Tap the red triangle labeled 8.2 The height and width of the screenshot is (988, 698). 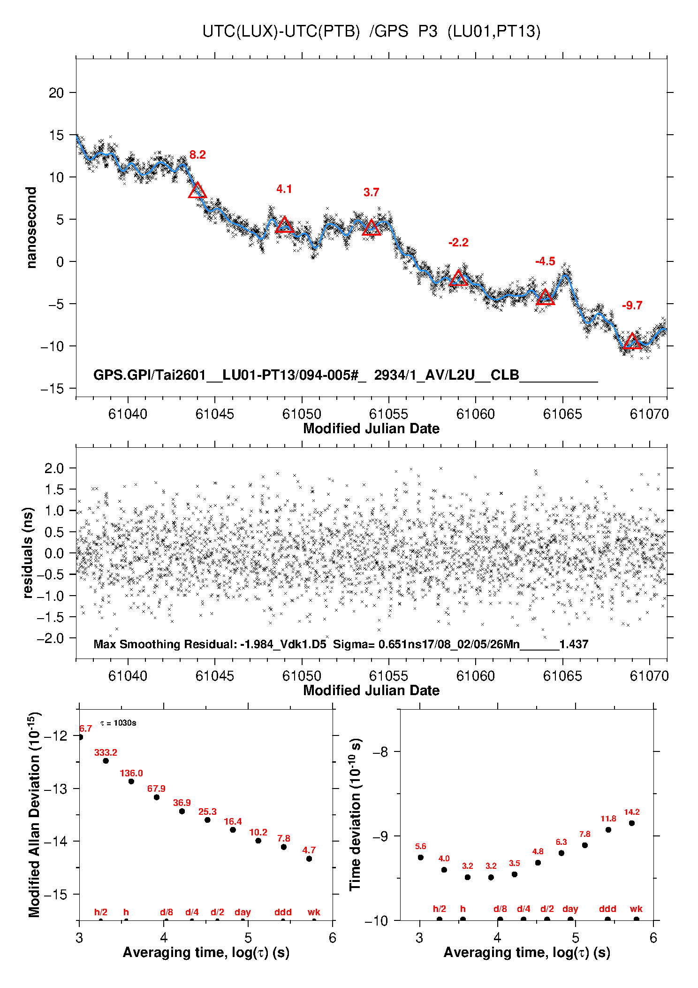tap(197, 191)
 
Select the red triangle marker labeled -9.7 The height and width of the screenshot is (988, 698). tap(632, 341)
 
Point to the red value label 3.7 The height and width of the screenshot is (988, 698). tap(371, 192)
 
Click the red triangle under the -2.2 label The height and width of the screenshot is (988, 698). tap(458, 279)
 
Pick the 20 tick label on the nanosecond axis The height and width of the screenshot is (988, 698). tap(56, 93)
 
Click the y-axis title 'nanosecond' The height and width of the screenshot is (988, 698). tap(31, 228)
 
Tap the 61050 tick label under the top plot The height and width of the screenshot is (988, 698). tap(302, 414)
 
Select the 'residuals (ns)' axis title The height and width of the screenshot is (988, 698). tap(28, 552)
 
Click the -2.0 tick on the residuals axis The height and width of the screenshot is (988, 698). tap(54, 638)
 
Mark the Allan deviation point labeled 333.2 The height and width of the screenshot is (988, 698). tap(106, 761)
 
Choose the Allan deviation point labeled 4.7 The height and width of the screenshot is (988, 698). tap(309, 859)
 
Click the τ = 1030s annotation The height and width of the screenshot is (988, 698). tap(118, 723)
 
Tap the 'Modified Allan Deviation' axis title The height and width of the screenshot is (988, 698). tap(34, 814)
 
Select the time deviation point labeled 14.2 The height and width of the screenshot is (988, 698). tap(632, 823)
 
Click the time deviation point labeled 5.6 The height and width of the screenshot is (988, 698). tap(421, 858)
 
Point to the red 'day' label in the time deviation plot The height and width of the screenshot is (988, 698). tap(570, 909)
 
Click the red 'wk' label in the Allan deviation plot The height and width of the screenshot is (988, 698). tap(314, 912)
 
